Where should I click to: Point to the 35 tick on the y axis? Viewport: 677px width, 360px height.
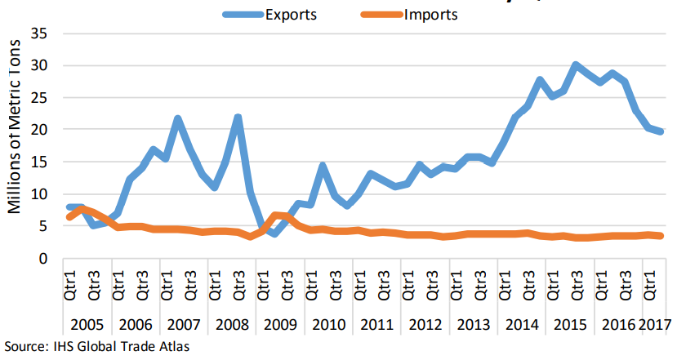point(38,34)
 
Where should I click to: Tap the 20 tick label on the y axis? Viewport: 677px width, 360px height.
point(38,130)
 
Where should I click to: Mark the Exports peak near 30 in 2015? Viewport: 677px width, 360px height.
point(576,64)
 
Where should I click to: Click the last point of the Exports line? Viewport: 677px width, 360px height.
point(661,131)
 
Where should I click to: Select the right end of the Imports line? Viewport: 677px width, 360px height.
point(661,236)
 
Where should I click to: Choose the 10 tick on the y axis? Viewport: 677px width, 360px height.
point(38,194)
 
